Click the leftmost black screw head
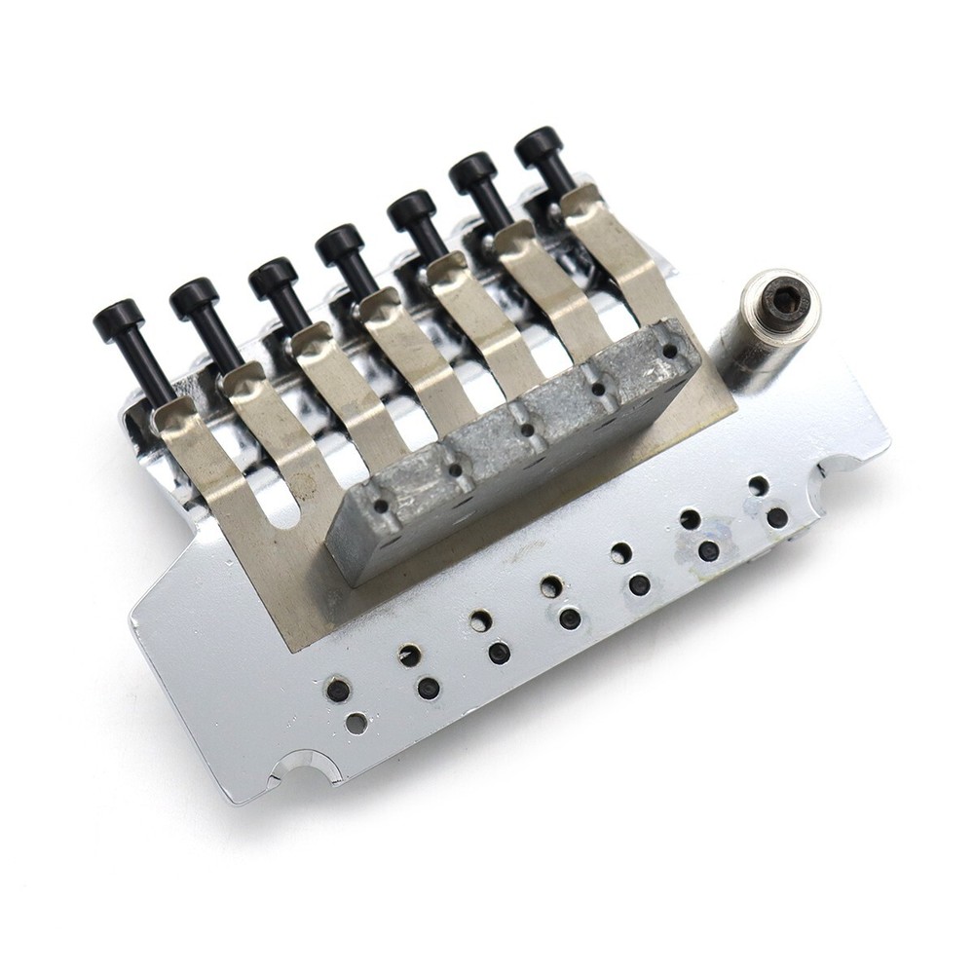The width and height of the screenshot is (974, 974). coord(119,318)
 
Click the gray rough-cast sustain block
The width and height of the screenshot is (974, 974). coord(516,448)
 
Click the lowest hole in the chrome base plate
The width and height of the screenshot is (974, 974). coord(357,723)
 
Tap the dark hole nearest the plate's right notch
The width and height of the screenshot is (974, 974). coord(776,517)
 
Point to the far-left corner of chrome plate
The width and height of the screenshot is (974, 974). coord(133,617)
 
